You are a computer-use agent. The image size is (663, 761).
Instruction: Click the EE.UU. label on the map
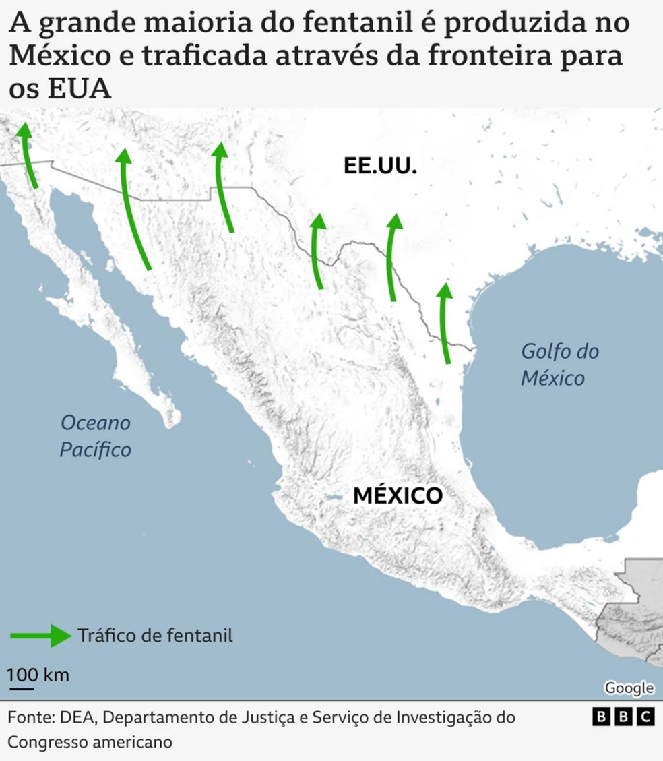380,166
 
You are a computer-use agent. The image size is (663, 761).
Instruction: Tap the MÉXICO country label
398,496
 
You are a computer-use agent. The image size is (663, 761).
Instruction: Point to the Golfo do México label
559,364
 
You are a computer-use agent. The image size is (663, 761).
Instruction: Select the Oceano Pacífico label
95,435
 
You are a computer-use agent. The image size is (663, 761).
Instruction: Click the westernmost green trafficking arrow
28,155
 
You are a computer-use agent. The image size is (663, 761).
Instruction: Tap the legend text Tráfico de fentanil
155,636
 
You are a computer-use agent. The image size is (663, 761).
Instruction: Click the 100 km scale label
38,675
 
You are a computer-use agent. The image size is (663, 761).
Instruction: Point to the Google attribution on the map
629,688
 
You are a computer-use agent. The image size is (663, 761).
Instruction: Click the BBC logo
623,717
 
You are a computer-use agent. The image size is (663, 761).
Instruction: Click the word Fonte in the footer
27,717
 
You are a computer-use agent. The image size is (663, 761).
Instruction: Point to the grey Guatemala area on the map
640,607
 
